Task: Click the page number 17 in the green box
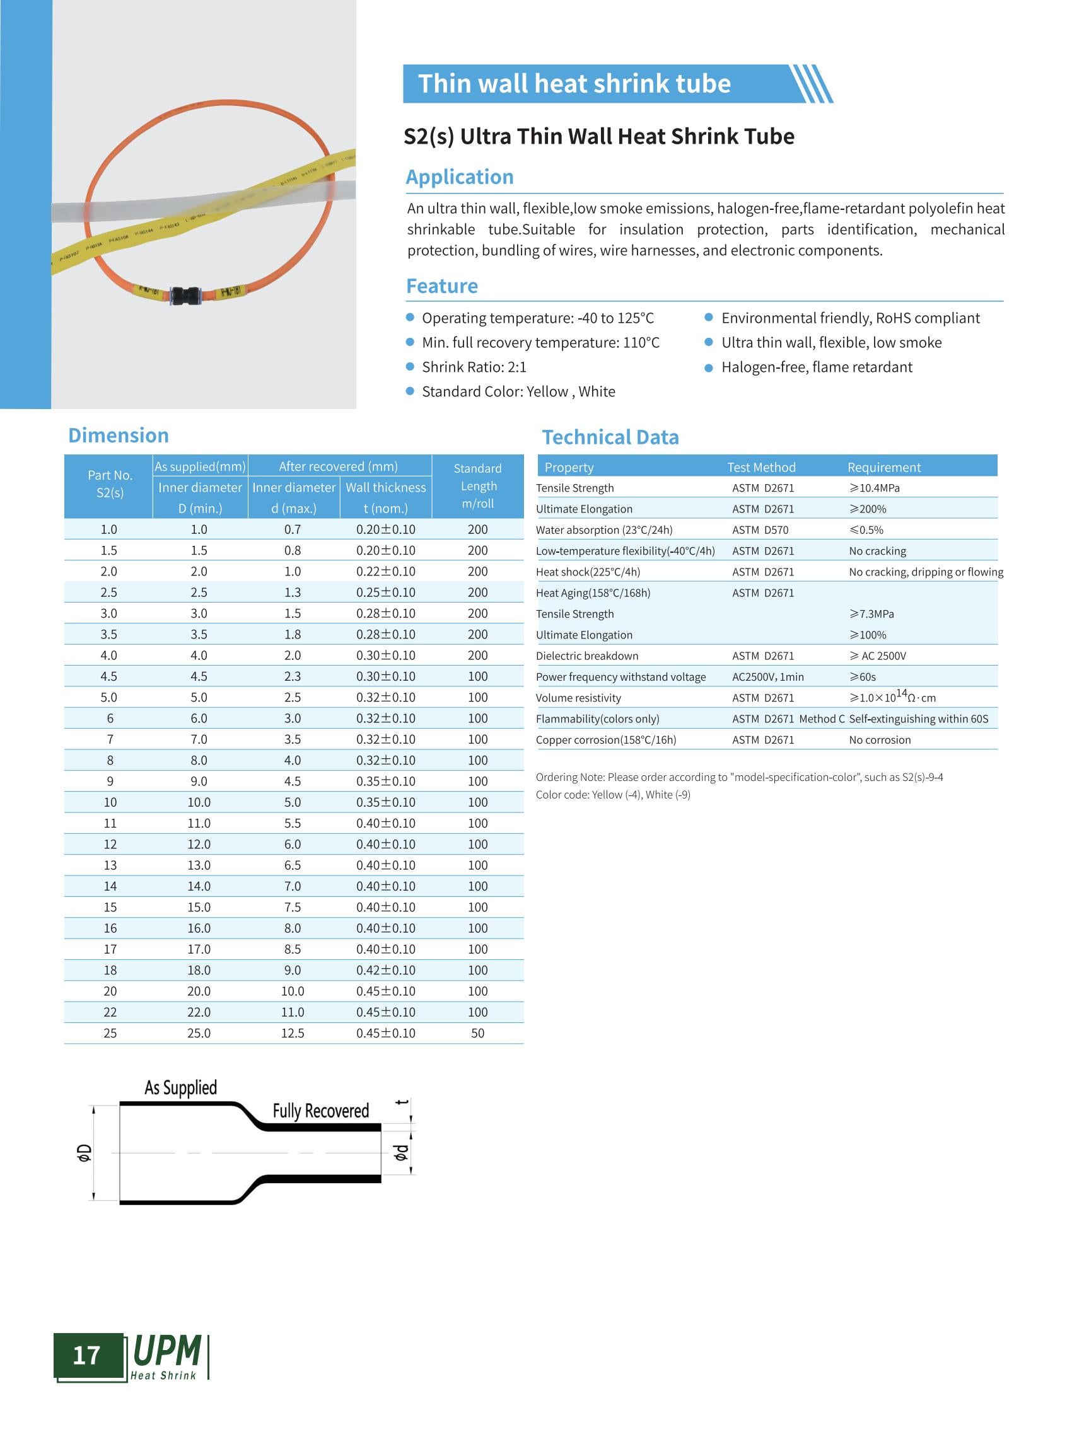coord(86,1355)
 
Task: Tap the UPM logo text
coord(166,1351)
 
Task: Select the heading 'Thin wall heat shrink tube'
coord(574,84)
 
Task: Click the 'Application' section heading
coord(460,177)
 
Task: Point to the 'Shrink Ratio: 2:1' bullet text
coord(474,367)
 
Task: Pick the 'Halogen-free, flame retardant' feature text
coord(817,367)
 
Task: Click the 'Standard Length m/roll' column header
coord(477,486)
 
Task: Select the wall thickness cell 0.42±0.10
coord(385,970)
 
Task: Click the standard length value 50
coord(477,1032)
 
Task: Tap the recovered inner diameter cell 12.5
coord(293,1032)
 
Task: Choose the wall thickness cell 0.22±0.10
coord(385,572)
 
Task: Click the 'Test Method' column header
coord(760,467)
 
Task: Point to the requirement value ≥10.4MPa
coord(874,488)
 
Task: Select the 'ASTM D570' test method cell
coord(760,530)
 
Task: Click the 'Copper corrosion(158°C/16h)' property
coord(605,739)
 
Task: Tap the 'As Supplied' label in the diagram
coord(180,1088)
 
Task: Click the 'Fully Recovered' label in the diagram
coord(320,1111)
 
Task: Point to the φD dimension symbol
coord(84,1153)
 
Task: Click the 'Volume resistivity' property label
coord(578,698)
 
